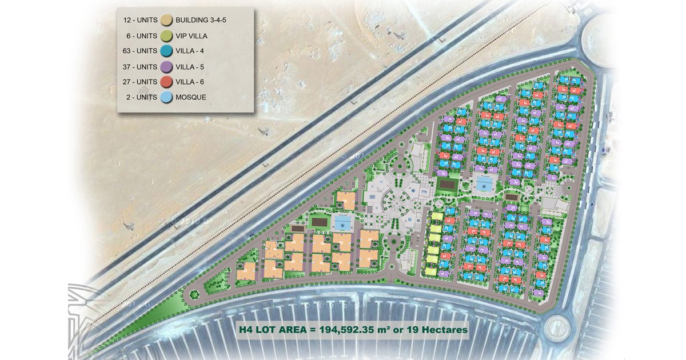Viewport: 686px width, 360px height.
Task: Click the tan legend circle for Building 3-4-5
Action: click(x=167, y=21)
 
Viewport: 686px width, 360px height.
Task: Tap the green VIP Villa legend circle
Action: click(x=167, y=36)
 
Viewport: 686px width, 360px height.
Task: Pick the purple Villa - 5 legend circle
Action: click(x=167, y=67)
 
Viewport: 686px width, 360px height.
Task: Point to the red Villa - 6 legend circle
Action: click(x=167, y=82)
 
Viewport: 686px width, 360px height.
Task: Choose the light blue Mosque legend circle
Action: click(x=167, y=98)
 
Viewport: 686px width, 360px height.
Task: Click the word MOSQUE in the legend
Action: click(x=191, y=98)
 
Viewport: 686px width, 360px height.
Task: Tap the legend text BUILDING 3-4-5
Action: click(x=201, y=21)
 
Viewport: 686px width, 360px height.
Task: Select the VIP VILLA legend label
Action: click(x=192, y=36)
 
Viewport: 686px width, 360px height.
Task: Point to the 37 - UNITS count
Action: click(x=140, y=67)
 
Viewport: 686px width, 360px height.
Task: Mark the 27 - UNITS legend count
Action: click(x=140, y=82)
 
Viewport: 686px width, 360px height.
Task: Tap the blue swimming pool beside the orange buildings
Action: click(x=342, y=222)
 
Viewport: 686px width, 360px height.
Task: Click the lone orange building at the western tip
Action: click(x=247, y=272)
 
